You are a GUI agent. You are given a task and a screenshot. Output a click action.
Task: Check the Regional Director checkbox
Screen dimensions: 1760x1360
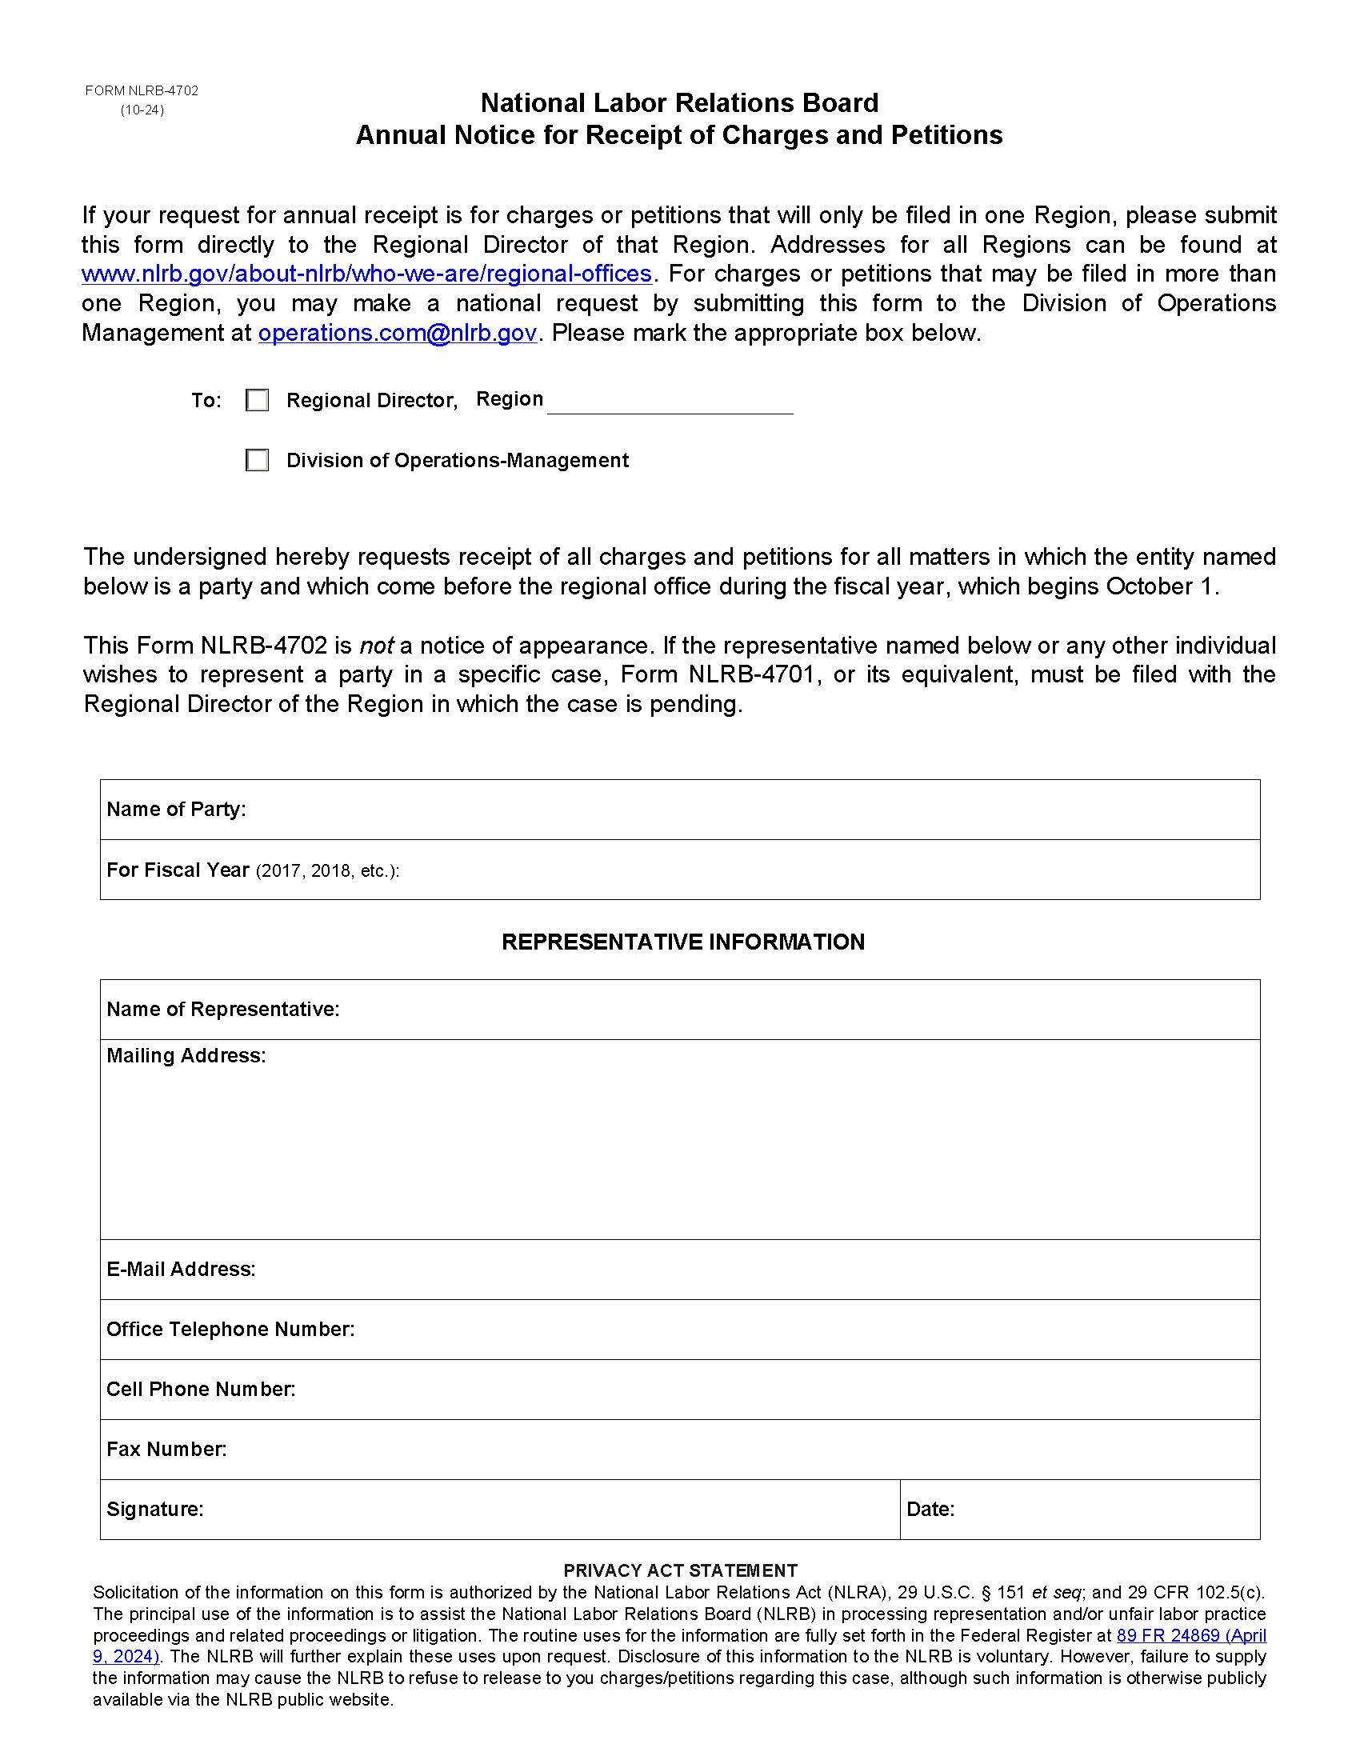pos(257,401)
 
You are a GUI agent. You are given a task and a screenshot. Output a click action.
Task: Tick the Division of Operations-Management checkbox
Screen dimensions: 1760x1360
pos(257,460)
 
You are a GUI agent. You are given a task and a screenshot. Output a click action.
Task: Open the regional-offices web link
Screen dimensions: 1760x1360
pos(366,274)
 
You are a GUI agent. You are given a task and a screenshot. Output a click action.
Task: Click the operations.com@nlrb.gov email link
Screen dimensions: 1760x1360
pos(398,333)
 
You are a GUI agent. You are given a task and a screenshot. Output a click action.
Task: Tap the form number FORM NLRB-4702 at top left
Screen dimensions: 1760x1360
pos(142,91)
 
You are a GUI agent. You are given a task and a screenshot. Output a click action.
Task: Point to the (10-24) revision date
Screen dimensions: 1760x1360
pos(142,110)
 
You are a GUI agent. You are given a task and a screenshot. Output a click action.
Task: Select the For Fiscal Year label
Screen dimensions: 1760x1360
pos(178,870)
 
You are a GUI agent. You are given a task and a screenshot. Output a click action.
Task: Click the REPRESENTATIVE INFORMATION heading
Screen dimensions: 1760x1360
pos(682,942)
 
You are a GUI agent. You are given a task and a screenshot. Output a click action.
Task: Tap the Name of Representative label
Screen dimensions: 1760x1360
pos(222,1010)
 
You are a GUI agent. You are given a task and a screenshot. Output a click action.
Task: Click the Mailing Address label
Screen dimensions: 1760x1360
pos(186,1056)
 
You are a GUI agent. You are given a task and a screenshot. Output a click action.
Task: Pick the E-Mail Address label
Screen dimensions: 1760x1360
pos(182,1270)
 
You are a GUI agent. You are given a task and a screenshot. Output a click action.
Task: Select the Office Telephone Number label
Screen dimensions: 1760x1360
pos(230,1329)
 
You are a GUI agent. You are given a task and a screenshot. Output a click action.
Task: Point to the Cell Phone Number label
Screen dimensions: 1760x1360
pos(201,1390)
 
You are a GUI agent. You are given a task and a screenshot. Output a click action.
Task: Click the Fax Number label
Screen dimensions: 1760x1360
pos(166,1450)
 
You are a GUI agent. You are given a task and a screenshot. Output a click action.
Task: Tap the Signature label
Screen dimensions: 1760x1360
pos(154,1510)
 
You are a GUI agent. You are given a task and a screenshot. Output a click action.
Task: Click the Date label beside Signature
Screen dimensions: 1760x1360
pos(930,1510)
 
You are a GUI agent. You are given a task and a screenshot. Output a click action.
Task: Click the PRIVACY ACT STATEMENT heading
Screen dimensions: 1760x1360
pos(680,1570)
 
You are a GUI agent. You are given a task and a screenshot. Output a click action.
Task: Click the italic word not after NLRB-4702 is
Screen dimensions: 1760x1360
pos(375,646)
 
